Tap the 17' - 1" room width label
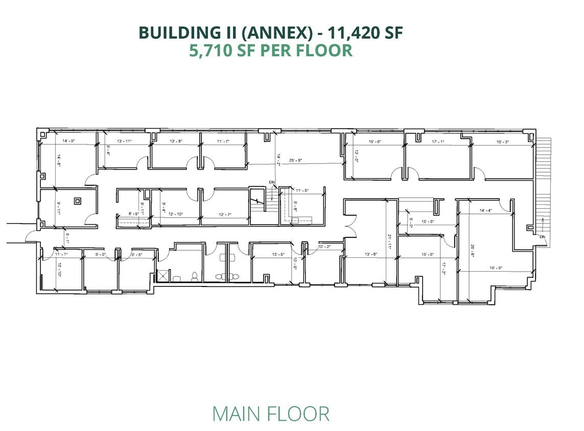coord(438,141)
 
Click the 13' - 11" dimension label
coord(125,140)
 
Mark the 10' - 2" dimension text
coord(325,247)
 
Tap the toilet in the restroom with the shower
coord(194,276)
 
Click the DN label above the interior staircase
coord(271,182)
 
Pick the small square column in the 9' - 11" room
coord(78,201)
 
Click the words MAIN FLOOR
coord(271,414)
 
